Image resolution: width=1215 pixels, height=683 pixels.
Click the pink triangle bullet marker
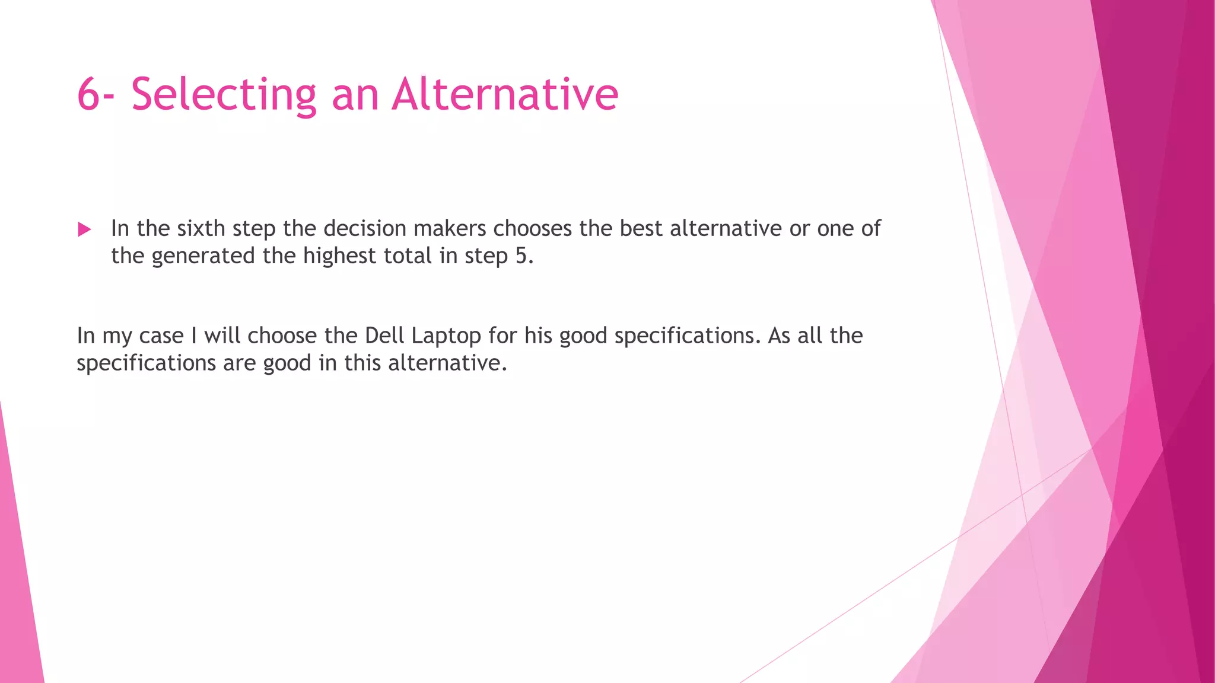click(x=84, y=229)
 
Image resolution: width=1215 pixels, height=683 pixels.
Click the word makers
click(x=449, y=228)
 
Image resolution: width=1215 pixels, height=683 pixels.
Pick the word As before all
click(x=779, y=336)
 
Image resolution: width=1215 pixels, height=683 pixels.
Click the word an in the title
click(x=355, y=95)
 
